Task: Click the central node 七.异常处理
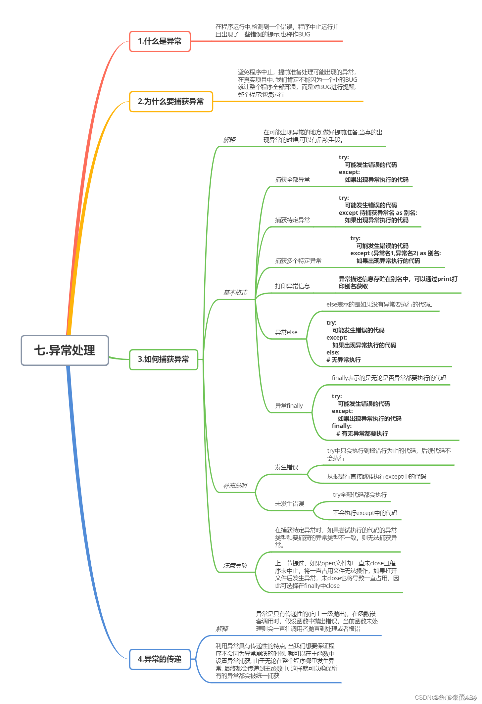[x=65, y=350]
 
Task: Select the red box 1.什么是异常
[x=160, y=41]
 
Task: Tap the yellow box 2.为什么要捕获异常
[x=171, y=102]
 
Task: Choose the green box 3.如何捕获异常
[x=164, y=359]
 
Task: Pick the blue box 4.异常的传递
[x=160, y=659]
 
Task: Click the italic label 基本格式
[x=235, y=293]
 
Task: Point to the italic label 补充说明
[x=235, y=486]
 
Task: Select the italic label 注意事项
[x=235, y=565]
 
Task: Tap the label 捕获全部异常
[x=292, y=180]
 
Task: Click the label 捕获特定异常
[x=292, y=220]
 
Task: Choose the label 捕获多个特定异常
[x=298, y=261]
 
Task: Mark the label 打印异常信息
[x=292, y=286]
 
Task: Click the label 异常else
[x=286, y=332]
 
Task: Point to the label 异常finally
[x=289, y=406]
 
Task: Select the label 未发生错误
[x=289, y=504]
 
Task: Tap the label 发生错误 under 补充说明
[x=287, y=467]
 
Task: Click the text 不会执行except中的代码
[x=365, y=513]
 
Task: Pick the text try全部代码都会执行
[x=360, y=495]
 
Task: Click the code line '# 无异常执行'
[x=344, y=360]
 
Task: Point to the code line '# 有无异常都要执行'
[x=362, y=434]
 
